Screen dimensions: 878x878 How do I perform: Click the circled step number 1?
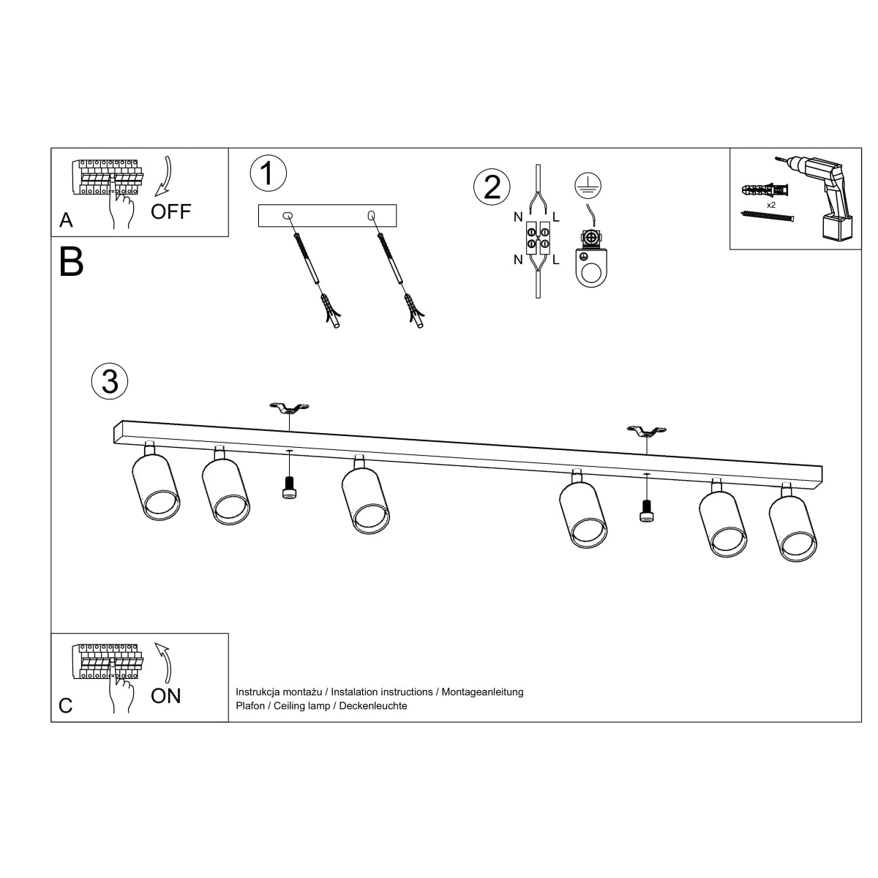(268, 173)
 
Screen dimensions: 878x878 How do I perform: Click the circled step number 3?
(110, 380)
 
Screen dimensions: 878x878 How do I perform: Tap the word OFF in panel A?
(170, 212)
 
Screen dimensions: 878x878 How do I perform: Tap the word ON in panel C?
(165, 696)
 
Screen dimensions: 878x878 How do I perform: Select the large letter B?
(71, 262)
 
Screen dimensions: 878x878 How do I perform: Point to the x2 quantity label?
(770, 206)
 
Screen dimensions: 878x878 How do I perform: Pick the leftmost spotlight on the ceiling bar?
(155, 486)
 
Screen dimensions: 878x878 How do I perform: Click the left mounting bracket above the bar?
(290, 408)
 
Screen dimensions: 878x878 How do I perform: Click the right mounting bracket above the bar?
(647, 431)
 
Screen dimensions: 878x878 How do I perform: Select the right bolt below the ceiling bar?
(646, 510)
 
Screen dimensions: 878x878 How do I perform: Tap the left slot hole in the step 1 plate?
(286, 215)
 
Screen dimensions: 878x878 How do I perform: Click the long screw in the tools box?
(768, 217)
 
